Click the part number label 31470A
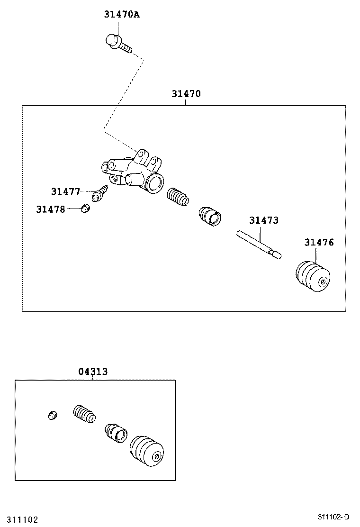(x=122, y=15)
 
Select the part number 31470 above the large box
(x=186, y=94)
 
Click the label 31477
(x=65, y=191)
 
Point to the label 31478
(x=50, y=209)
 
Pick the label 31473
(x=264, y=220)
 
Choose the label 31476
(x=319, y=243)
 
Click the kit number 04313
(x=93, y=372)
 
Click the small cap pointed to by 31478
(x=86, y=208)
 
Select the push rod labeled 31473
(x=258, y=244)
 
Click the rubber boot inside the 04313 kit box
(x=147, y=451)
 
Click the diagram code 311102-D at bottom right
(x=333, y=517)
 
